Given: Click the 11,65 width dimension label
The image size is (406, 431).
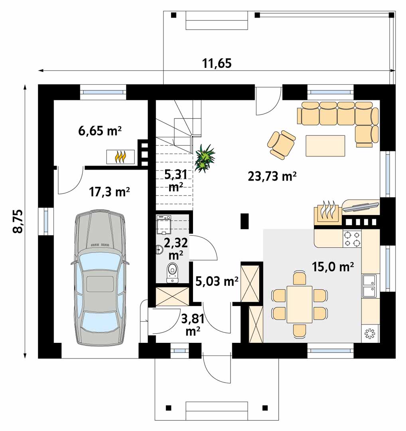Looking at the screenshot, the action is [217, 63].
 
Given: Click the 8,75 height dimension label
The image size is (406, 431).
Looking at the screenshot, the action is [18, 221].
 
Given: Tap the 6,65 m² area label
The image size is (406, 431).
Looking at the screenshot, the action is [100, 131].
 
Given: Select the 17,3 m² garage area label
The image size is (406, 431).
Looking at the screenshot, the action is [109, 192].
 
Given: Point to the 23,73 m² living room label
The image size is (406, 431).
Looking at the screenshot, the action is [272, 176].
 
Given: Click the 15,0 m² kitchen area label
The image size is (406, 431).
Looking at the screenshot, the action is [333, 266].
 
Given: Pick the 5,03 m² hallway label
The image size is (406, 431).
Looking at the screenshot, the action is [217, 281].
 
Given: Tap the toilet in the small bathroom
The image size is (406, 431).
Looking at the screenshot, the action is [172, 273].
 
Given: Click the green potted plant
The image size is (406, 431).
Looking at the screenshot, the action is [205, 158].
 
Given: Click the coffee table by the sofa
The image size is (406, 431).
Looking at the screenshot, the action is [325, 146].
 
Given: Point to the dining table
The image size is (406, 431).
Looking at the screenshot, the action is [300, 304].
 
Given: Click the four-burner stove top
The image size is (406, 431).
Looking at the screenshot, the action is [352, 239].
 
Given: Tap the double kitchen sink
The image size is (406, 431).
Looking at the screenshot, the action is [369, 286].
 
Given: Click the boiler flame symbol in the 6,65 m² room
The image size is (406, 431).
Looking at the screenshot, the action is [120, 157].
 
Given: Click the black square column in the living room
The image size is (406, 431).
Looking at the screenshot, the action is [244, 221].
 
